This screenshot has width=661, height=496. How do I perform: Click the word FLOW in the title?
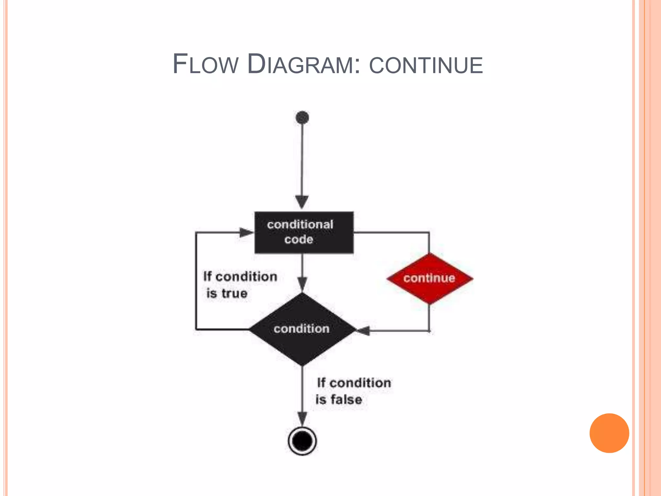point(205,64)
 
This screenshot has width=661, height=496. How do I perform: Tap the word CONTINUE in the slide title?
point(426,65)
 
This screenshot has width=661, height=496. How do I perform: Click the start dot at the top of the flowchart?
point(302,118)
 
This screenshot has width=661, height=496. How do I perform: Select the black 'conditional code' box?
point(304,232)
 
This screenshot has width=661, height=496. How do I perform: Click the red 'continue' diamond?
point(430,278)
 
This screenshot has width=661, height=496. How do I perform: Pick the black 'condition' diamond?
point(302,329)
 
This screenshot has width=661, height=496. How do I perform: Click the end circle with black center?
point(302,441)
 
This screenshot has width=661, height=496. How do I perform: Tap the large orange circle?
point(609,433)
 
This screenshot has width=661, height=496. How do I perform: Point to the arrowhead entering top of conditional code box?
point(302,202)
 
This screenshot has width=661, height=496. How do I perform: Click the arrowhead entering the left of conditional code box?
point(247,232)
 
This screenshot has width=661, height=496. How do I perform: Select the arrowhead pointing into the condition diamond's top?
point(302,284)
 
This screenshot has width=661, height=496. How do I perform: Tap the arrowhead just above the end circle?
point(302,418)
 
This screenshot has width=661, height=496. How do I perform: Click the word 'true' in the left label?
point(234,294)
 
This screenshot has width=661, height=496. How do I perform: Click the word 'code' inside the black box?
point(299,240)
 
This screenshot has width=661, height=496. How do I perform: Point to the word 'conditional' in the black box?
point(300,224)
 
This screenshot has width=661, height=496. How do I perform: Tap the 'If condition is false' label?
point(353,391)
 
